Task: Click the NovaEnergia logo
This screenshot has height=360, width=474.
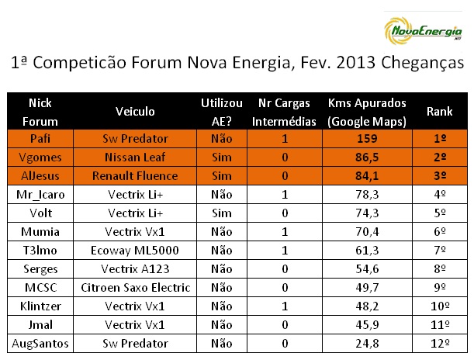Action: [423, 31]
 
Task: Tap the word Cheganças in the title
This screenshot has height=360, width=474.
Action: [422, 64]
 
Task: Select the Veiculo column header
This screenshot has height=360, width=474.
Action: [135, 112]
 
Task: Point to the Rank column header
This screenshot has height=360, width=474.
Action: [440, 112]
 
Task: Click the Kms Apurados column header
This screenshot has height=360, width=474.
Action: [367, 112]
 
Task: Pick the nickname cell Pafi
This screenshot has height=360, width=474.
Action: [40, 139]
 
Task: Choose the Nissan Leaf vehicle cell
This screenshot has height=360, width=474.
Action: [135, 157]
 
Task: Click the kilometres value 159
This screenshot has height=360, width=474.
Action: [367, 139]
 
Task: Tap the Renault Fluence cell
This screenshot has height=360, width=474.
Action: [135, 176]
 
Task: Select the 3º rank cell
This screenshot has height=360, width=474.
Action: [440, 176]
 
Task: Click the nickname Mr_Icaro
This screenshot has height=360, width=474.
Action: [40, 195]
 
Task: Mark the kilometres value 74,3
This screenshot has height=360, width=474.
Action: [367, 213]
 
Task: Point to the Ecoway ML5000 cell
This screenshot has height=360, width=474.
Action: [135, 251]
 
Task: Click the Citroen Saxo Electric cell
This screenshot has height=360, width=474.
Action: [136, 288]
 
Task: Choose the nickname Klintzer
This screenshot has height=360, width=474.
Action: [40, 306]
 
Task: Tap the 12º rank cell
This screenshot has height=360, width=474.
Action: [440, 344]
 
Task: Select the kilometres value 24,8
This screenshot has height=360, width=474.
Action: [367, 344]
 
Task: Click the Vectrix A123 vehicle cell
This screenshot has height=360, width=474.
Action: [135, 269]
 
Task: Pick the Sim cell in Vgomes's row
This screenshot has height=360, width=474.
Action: [222, 157]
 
